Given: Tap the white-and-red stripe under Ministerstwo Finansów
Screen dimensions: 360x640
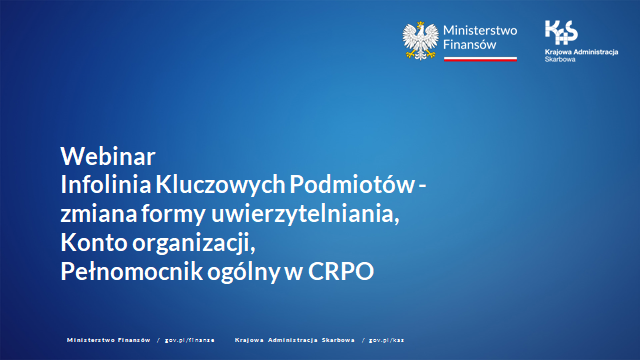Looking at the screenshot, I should pos(480,59).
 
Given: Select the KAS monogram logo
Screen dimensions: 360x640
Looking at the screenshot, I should pos(561,31).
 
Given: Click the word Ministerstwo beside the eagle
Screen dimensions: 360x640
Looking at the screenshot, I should pos(479,30).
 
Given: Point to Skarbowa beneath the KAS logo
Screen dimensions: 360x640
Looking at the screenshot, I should pos(562,59).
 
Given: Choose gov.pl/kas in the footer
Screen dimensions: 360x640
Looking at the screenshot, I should pos(386,340).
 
